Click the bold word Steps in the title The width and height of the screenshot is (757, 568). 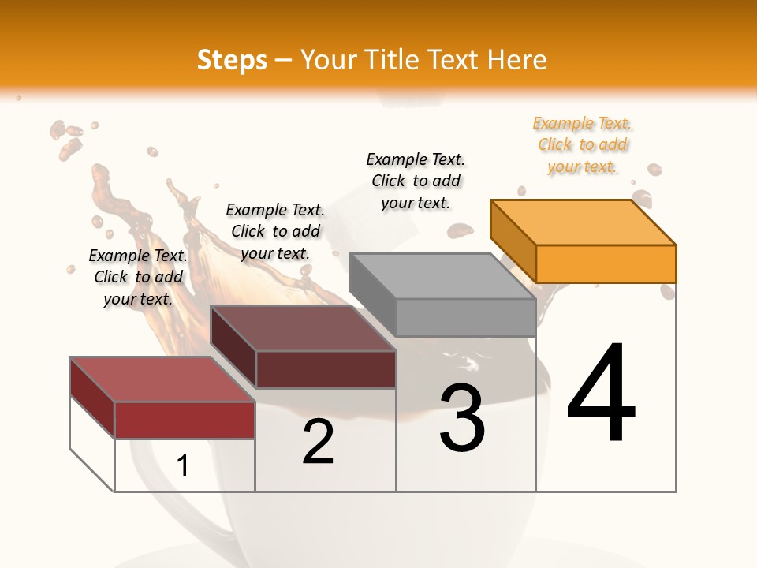(232, 60)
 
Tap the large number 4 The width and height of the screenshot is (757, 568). (601, 394)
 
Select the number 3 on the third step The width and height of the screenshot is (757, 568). (462, 418)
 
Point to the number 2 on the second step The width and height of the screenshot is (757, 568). (318, 442)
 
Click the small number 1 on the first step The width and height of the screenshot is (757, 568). (182, 466)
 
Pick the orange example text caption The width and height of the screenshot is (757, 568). (582, 145)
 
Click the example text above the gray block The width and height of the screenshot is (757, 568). (416, 181)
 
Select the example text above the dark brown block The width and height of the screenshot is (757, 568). (275, 231)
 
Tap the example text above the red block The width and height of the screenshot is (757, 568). (138, 277)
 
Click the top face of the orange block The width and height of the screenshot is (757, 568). (584, 222)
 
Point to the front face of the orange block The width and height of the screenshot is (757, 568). (606, 263)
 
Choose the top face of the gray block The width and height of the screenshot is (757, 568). (442, 276)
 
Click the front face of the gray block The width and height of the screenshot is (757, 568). (465, 317)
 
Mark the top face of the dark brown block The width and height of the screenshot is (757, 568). (303, 328)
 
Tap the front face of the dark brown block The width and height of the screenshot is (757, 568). (326, 369)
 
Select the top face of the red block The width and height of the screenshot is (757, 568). (162, 379)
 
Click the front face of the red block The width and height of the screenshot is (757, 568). (185, 420)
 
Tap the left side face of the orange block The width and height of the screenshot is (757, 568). (513, 241)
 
